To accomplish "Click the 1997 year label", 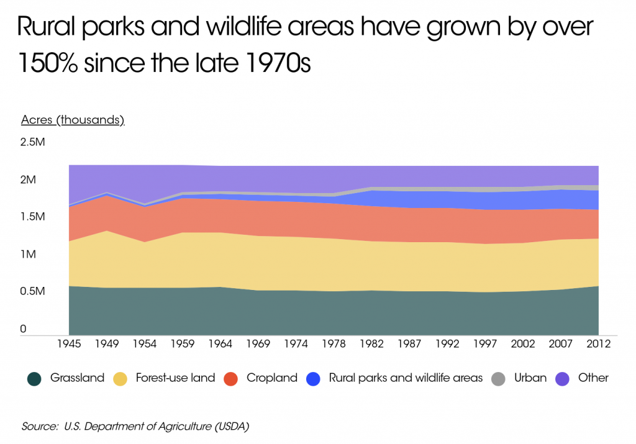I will click(x=485, y=343).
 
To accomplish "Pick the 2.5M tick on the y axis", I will click(x=33, y=142).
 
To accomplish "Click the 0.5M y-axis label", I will click(x=33, y=291).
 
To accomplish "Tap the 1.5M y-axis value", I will click(x=33, y=217).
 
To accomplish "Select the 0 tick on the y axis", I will click(x=24, y=329).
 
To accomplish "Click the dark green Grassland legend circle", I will click(x=34, y=378).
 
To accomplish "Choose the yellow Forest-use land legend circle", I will click(x=120, y=378).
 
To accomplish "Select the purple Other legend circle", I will click(x=562, y=378).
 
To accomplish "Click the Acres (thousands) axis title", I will click(x=73, y=120).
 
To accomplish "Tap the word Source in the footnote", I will click(x=38, y=427).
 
